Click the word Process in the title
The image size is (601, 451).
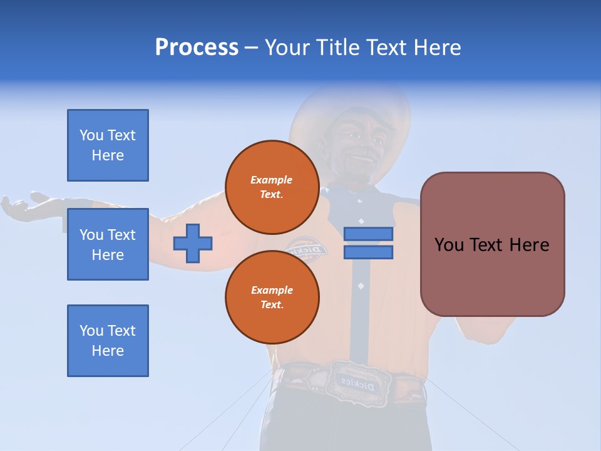pyautogui.click(x=197, y=48)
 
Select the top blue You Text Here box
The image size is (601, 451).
pyautogui.click(x=108, y=145)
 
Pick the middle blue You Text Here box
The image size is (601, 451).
pyautogui.click(x=108, y=244)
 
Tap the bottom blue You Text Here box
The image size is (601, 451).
pyautogui.click(x=108, y=341)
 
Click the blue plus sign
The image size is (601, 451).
pyautogui.click(x=193, y=243)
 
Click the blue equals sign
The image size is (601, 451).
pyautogui.click(x=368, y=243)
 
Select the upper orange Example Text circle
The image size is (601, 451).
pyautogui.click(x=272, y=187)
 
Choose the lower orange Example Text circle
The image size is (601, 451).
pyautogui.click(x=272, y=297)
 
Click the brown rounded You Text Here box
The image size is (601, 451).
pyautogui.click(x=492, y=244)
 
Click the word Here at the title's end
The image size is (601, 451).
pyautogui.click(x=436, y=48)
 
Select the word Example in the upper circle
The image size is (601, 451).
pyautogui.click(x=272, y=180)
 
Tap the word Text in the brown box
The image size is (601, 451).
pyautogui.click(x=492, y=245)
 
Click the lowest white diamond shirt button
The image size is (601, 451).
pyautogui.click(x=361, y=286)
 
